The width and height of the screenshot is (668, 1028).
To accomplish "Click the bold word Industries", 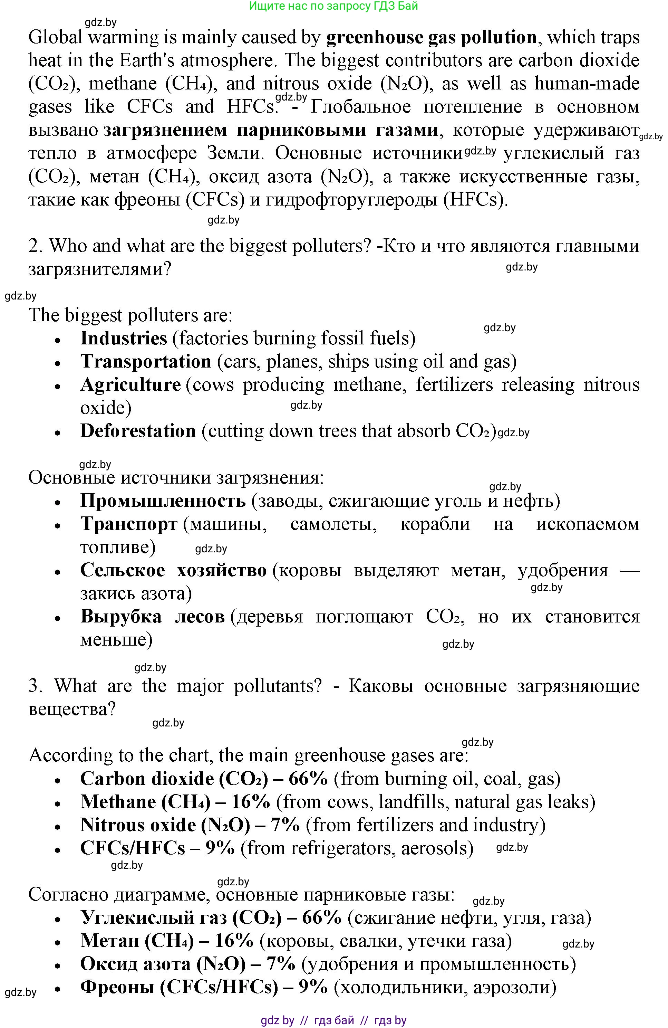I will (x=124, y=338).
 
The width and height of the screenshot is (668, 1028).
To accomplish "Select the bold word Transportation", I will (x=146, y=362).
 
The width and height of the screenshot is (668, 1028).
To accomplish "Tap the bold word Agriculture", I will (x=130, y=385).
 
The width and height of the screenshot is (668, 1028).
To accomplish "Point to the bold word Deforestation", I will (x=138, y=431).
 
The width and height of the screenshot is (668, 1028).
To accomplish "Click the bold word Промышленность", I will (x=163, y=501).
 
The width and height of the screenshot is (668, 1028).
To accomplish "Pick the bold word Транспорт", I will (x=129, y=524).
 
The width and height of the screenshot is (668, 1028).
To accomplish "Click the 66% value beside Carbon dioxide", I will (x=308, y=779).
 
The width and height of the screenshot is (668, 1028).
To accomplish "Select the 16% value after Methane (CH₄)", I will (x=251, y=802).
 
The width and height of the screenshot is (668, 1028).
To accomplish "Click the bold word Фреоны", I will (x=117, y=987).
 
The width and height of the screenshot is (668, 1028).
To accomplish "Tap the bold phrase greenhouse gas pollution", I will (x=431, y=38).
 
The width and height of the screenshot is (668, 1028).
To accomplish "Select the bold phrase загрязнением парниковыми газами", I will (x=271, y=130).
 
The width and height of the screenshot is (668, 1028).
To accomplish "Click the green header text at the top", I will (x=333, y=6).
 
